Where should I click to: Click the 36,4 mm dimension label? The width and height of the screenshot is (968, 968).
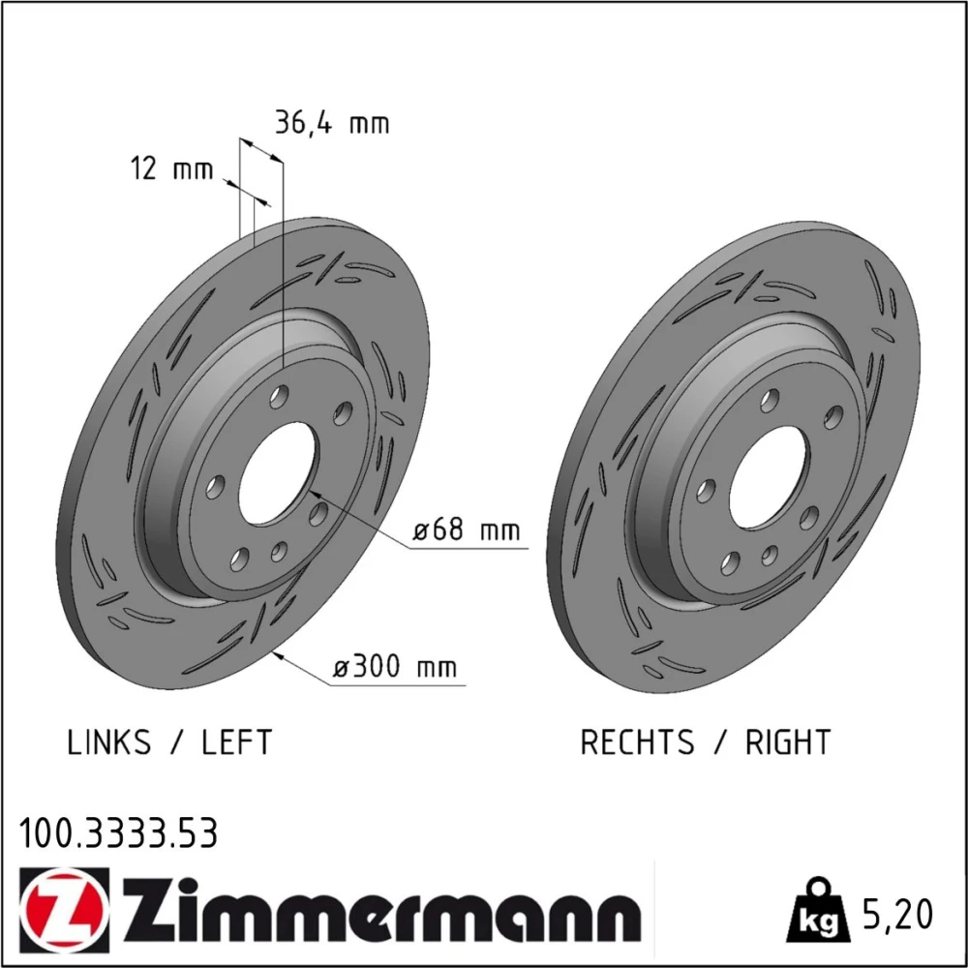click(332, 123)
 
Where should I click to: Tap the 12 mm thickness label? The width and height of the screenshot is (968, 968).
click(171, 168)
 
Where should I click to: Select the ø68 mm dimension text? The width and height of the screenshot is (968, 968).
click(467, 529)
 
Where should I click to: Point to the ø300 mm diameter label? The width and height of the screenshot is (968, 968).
click(395, 667)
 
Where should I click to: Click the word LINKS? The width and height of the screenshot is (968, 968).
click(108, 742)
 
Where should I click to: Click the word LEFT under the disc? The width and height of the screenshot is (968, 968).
click(236, 742)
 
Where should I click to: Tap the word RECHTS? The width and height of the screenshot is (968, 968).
click(637, 742)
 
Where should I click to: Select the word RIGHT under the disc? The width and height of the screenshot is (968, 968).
click(788, 742)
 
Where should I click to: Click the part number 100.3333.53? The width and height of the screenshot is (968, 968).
click(118, 833)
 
